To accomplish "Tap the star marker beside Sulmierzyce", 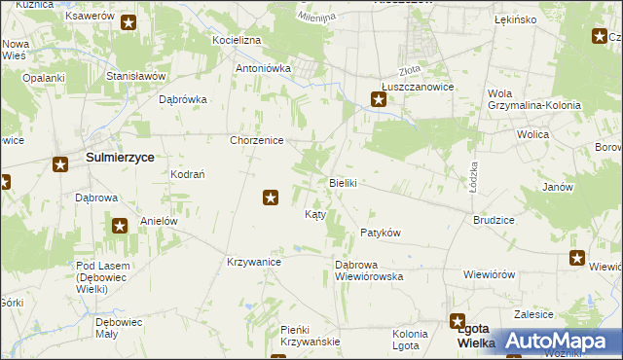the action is [60, 164].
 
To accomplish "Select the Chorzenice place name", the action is [256, 140].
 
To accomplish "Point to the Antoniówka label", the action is [264, 69].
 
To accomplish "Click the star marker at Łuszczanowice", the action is [379, 97].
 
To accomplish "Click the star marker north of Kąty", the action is [271, 198].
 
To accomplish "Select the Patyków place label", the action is [381, 233].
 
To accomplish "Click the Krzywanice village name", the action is [254, 262].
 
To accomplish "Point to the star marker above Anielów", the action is [120, 227].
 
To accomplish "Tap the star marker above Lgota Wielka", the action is [458, 320].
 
